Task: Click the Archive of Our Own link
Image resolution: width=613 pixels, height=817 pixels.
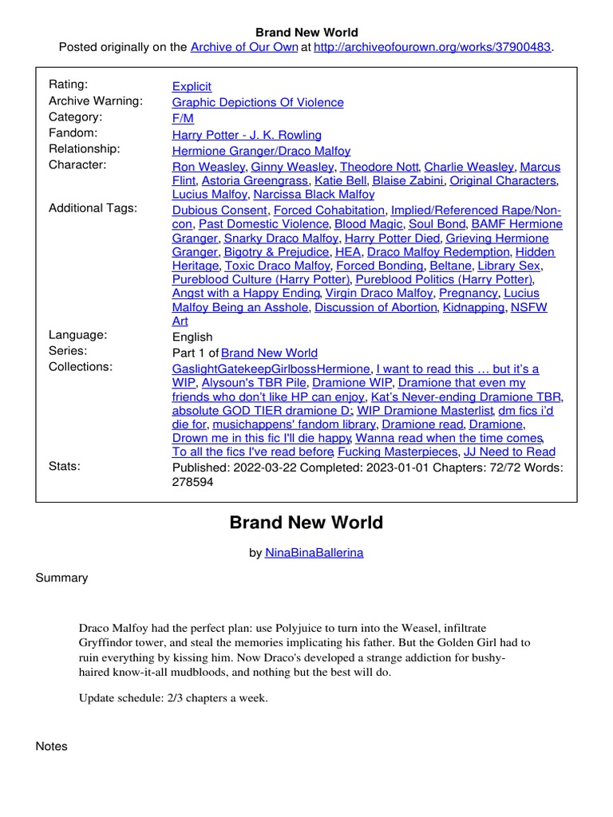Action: click(x=243, y=47)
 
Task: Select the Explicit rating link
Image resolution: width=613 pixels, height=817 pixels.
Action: click(x=192, y=86)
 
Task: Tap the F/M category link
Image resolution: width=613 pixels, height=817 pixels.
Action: click(x=183, y=118)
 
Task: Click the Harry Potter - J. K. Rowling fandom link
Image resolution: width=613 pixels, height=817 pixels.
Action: click(x=247, y=134)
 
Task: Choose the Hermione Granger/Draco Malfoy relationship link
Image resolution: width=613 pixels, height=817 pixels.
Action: click(x=261, y=150)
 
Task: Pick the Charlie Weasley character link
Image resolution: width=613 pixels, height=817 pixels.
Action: click(x=469, y=167)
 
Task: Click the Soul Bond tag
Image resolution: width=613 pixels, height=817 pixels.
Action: click(x=437, y=224)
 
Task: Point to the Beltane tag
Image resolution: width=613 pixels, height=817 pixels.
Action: click(x=449, y=265)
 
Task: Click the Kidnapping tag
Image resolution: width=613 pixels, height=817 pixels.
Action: click(x=473, y=307)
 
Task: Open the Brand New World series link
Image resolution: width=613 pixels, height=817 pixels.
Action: click(x=269, y=353)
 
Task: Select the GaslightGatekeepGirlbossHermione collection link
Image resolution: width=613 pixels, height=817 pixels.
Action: click(x=271, y=369)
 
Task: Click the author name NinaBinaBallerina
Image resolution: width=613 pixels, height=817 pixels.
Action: click(x=314, y=552)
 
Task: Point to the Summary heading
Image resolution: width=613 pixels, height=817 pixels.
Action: click(x=61, y=578)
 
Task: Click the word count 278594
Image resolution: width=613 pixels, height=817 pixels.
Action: click(x=193, y=483)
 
